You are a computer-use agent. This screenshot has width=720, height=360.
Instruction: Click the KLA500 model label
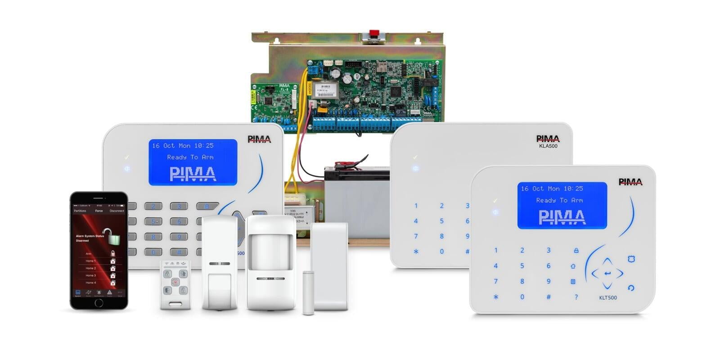pyautogui.click(x=548, y=146)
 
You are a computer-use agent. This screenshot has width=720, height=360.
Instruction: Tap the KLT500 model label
pyautogui.click(x=608, y=297)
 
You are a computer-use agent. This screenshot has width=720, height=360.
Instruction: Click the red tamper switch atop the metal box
pyautogui.click(x=373, y=35)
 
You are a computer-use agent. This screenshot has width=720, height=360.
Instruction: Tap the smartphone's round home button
pyautogui.click(x=99, y=302)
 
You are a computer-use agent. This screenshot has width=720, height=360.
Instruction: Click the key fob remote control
pyautogui.click(x=175, y=284)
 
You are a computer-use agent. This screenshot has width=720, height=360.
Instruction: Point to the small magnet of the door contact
pyautogui.click(x=308, y=292)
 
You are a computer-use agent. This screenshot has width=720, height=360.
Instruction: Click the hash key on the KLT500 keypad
pyautogui.click(x=549, y=297)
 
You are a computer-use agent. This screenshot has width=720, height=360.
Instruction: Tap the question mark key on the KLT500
pyautogui.click(x=576, y=297)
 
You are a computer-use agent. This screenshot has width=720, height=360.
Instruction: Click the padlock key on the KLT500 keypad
pyautogui.click(x=576, y=250)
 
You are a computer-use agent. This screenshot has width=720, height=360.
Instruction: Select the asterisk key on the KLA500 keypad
pyautogui.click(x=416, y=252)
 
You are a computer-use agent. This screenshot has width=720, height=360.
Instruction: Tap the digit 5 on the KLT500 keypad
pyautogui.click(x=522, y=266)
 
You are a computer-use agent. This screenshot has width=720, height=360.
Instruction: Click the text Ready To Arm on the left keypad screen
pyautogui.click(x=190, y=157)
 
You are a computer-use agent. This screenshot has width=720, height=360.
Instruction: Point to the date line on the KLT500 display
pyautogui.click(x=552, y=189)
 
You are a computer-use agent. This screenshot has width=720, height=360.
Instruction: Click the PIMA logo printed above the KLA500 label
pyautogui.click(x=548, y=139)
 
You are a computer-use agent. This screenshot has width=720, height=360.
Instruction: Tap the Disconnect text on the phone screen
pyautogui.click(x=117, y=211)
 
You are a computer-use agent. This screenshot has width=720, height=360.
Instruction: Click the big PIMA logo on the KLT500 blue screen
pyautogui.click(x=562, y=217)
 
